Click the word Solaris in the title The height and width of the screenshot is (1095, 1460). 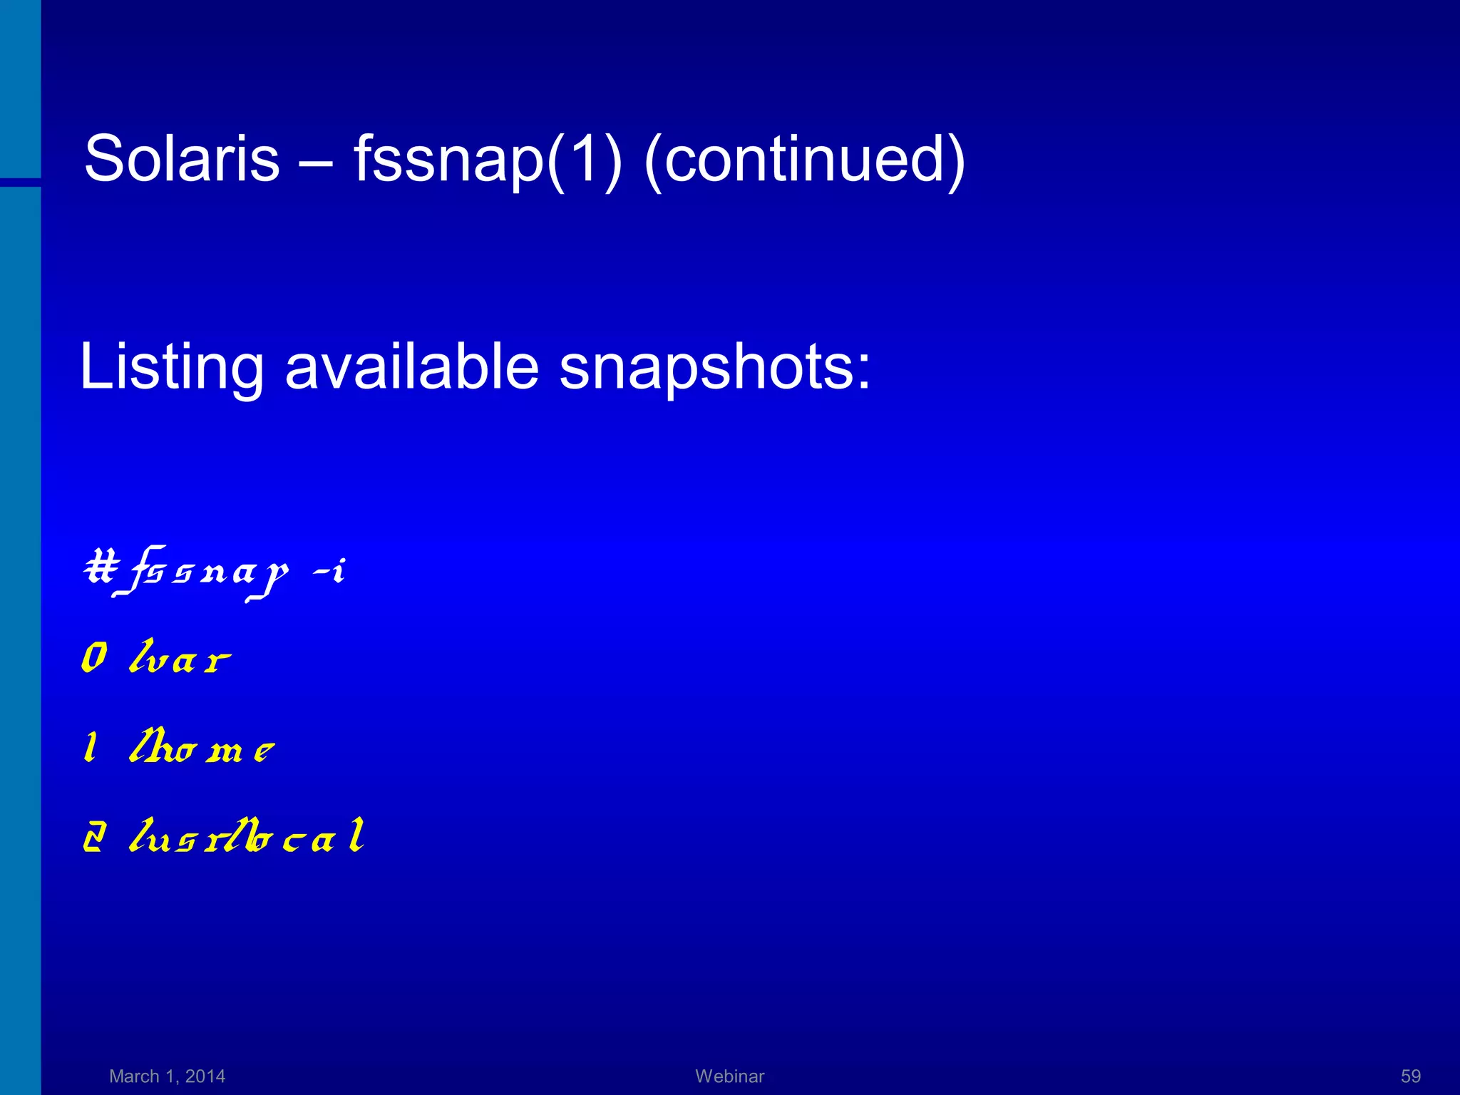point(182,158)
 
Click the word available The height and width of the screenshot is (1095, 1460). point(411,367)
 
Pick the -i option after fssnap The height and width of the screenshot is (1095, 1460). point(329,571)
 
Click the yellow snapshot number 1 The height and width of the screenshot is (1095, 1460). point(91,748)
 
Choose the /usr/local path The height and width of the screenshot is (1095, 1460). point(247,836)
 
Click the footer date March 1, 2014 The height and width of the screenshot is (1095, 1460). point(167,1076)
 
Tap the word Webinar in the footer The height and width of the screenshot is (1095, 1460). point(729,1076)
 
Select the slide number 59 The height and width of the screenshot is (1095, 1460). point(1410,1076)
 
